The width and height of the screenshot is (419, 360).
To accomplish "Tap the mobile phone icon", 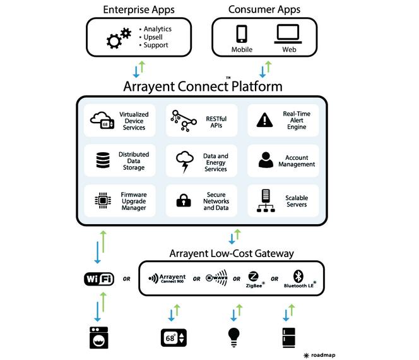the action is click(242, 33).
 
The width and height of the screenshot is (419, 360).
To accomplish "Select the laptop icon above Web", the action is click(288, 34).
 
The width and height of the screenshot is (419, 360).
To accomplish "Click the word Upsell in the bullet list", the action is click(153, 37).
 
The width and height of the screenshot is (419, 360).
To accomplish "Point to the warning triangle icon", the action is click(264, 119).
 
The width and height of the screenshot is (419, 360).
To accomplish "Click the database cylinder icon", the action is click(103, 160).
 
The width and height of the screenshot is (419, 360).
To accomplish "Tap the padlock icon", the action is click(184, 200).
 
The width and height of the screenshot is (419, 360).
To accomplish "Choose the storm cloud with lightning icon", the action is click(185, 162).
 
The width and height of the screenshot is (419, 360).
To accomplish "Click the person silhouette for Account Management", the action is click(266, 160).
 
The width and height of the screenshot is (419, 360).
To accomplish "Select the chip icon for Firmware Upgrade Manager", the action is click(103, 200).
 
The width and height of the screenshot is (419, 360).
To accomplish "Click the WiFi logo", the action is click(99, 279).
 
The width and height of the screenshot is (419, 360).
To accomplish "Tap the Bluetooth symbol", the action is click(298, 276).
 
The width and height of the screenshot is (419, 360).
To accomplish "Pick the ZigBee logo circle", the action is click(253, 277).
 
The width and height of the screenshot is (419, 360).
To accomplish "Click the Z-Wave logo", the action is click(216, 277).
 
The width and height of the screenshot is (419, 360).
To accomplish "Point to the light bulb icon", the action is click(234, 337).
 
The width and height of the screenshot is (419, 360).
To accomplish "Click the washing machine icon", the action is click(99, 337).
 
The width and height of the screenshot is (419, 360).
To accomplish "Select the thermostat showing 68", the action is click(174, 338).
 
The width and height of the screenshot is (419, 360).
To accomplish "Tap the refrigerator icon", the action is click(289, 337).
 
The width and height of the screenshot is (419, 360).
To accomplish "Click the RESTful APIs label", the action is click(216, 122).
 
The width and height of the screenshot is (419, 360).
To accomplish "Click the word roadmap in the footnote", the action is click(323, 355).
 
